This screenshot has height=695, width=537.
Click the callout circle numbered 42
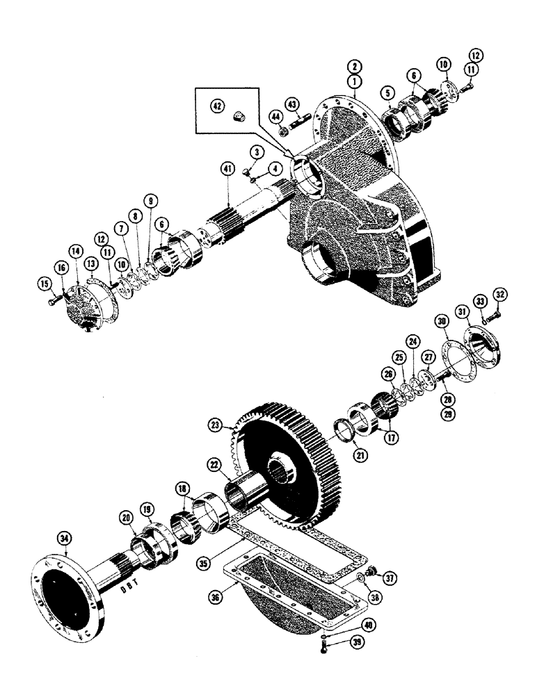[x=218, y=106]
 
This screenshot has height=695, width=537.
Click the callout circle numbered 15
[x=46, y=284]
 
